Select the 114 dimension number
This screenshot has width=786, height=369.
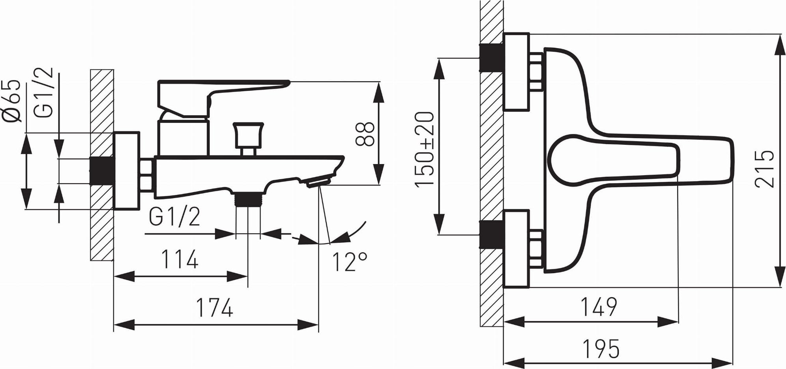180,260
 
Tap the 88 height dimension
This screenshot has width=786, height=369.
364,135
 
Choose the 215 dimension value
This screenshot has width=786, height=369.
764,169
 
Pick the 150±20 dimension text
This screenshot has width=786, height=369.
425,148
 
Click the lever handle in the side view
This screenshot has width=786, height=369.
223,98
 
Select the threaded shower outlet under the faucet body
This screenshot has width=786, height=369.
248,199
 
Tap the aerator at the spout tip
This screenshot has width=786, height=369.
318,182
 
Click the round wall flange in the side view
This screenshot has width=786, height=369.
126,170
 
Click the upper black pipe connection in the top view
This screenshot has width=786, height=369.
492,58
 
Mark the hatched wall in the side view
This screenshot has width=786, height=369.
102,165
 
